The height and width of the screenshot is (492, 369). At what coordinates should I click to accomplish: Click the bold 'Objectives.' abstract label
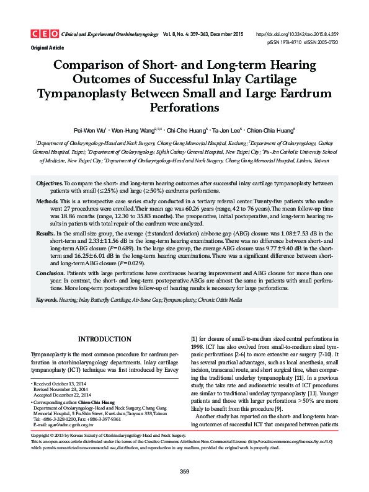[50, 184]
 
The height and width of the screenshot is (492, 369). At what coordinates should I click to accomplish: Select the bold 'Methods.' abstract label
[48, 202]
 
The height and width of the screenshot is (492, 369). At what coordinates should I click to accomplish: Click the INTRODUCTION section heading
[103, 340]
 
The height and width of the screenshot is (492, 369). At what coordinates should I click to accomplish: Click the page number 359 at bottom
[184, 472]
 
